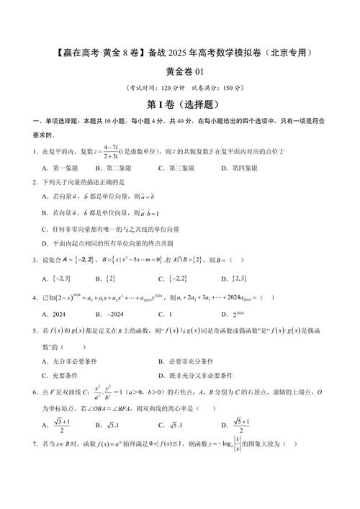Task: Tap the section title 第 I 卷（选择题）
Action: coord(179,105)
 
